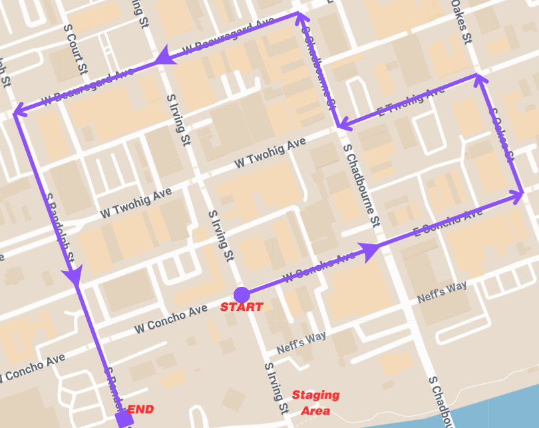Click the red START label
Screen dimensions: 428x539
[242, 307]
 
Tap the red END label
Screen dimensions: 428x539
[140, 409]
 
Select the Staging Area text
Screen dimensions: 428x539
[315, 402]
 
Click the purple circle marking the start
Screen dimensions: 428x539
[242, 294]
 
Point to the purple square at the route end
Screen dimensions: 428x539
[122, 419]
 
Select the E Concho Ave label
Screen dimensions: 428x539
[448, 224]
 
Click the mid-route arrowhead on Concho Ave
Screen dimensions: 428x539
[370, 249]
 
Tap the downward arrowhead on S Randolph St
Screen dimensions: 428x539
[73, 274]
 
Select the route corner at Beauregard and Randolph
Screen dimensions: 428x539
[15, 112]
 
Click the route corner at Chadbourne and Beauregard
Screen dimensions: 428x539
[298, 13]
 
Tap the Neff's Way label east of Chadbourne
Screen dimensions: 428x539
[442, 293]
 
